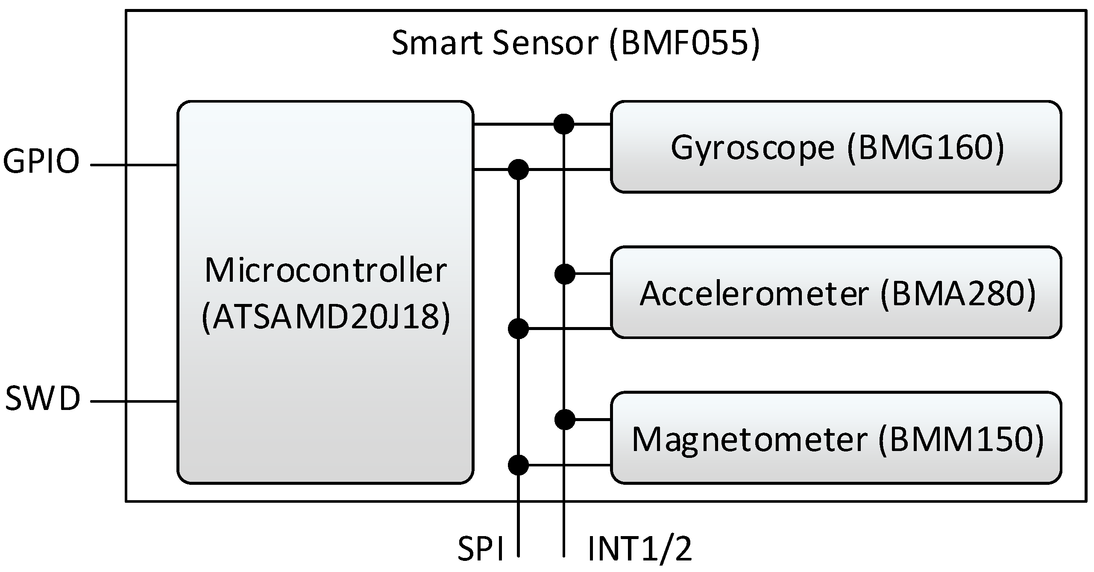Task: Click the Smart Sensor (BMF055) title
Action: click(575, 43)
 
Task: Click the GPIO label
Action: click(41, 162)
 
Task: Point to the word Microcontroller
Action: click(326, 270)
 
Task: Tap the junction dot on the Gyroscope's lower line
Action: click(518, 170)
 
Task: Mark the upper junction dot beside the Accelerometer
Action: click(565, 274)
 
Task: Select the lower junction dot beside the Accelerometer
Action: click(518, 329)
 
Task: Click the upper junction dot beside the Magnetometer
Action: click(565, 419)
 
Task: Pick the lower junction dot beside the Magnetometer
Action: click(518, 465)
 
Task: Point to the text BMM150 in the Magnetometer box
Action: click(961, 439)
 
